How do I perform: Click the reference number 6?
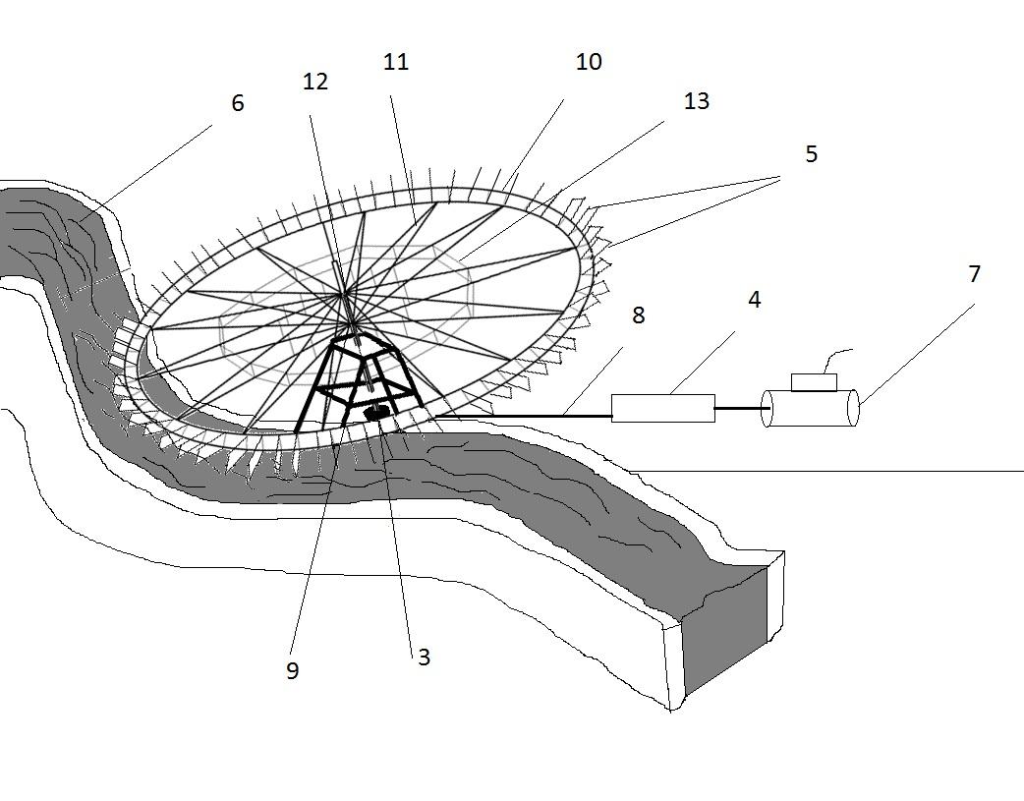coord(237,103)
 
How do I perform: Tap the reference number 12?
coord(314,82)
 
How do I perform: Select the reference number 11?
coord(395,62)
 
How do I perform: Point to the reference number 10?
coord(588,62)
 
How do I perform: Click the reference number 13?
coord(696,101)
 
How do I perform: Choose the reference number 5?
coord(811,154)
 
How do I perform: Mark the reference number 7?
coord(974,274)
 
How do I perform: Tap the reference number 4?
coord(754,300)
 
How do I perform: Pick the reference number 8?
coord(638,315)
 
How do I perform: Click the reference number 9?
coord(292,670)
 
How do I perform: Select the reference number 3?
coord(424,658)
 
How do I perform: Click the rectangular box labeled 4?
coord(662,408)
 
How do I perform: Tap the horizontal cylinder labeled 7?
coord(811,408)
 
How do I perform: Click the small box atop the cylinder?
coord(813,382)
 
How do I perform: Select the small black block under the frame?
coord(375,415)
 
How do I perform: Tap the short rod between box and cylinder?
coord(739,408)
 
